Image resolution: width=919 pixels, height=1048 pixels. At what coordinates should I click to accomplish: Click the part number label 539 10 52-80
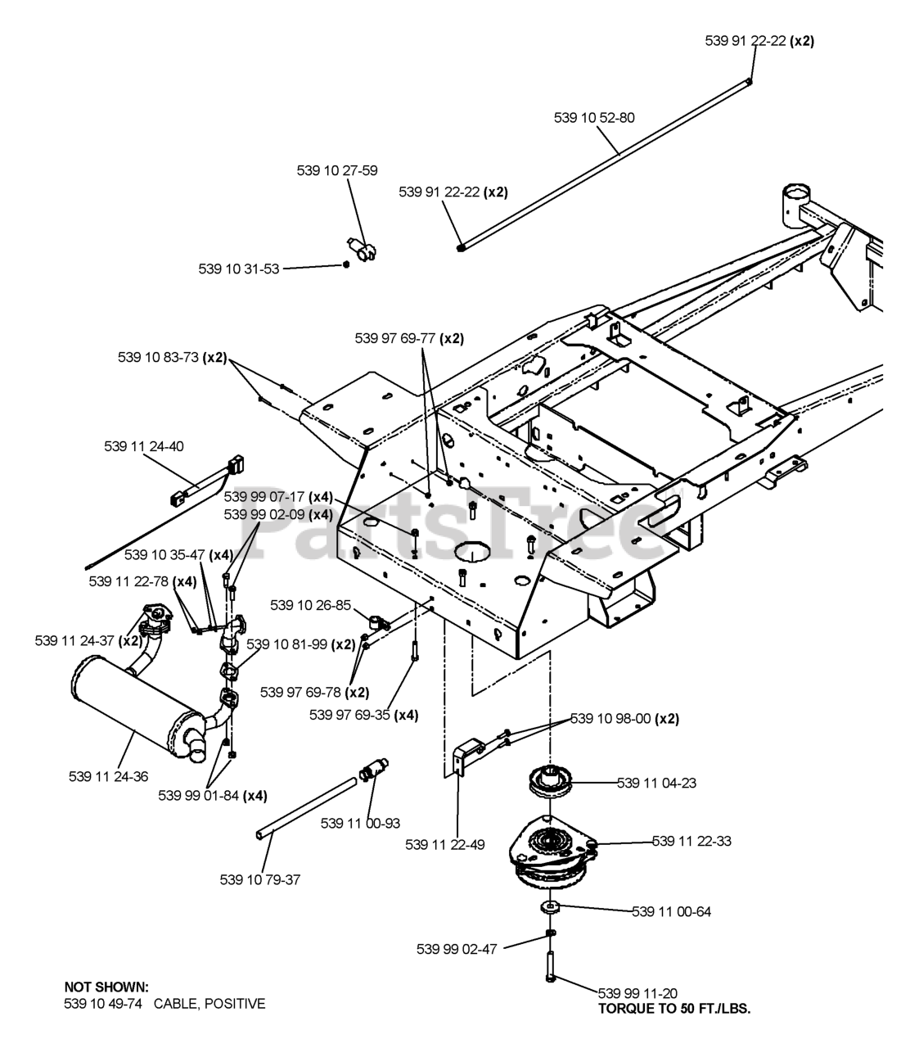coord(594,118)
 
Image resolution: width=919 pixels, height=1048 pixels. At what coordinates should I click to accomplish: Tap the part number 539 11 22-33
coord(692,841)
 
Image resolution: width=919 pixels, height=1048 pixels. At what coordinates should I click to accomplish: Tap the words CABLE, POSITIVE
coord(209,1004)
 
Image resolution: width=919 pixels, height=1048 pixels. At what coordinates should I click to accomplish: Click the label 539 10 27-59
coord(337,170)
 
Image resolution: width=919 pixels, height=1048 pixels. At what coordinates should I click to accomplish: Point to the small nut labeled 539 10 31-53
coord(346,264)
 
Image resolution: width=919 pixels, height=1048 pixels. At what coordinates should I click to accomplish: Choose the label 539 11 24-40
coord(144,446)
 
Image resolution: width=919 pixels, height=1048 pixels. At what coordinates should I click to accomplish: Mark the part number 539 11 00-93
coord(360,823)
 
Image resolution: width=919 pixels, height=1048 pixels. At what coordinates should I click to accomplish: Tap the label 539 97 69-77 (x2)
coord(409,338)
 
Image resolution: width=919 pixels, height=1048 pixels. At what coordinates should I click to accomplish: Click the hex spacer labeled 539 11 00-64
coord(550,907)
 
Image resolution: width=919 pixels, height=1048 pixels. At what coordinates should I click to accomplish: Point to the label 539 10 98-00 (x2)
coord(624,719)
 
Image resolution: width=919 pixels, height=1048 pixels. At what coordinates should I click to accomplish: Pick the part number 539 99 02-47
coord(457,949)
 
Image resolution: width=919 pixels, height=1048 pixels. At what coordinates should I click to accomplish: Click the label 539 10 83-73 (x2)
coord(172,358)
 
